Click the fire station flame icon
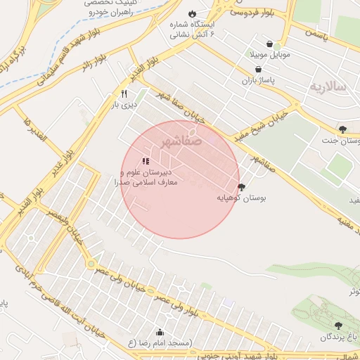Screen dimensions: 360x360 (x=192, y=14)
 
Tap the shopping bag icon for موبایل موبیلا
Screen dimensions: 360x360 (x=260, y=42)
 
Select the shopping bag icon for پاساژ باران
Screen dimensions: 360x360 (x=260, y=70)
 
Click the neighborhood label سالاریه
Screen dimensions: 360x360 (x=328, y=86)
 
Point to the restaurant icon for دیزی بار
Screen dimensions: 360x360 (x=124, y=94)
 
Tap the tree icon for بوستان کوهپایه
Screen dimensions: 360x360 (x=242, y=187)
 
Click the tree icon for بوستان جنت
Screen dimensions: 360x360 (x=342, y=129)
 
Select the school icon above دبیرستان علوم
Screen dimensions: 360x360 (x=146, y=161)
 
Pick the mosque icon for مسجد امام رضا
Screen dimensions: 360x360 (x=160, y=332)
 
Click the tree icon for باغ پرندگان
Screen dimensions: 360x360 (x=339, y=326)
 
